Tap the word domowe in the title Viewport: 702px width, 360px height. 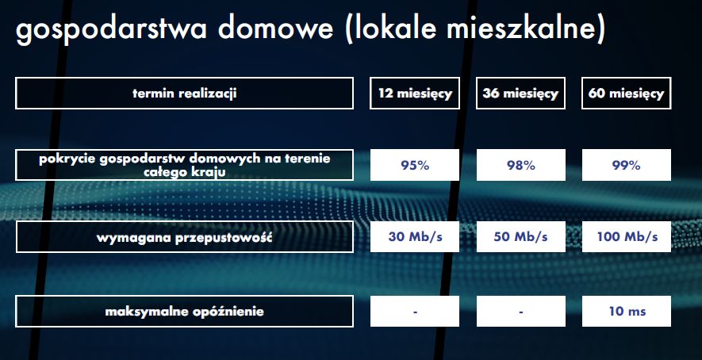tap(276, 28)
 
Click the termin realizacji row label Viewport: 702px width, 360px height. tap(184, 93)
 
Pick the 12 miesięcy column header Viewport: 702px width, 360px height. tap(415, 93)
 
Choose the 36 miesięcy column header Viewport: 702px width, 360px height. tap(520, 93)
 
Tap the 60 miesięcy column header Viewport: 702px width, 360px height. tap(626, 93)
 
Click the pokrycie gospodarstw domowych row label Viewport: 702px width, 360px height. tap(184, 165)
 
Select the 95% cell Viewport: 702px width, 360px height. tap(415, 165)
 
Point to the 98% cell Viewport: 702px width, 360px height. tap(520, 165)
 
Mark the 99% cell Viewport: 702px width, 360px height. tap(627, 165)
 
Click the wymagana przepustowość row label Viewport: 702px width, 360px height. tap(185, 237)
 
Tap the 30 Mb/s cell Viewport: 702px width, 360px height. tap(415, 237)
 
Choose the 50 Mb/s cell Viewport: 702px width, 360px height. tap(520, 237)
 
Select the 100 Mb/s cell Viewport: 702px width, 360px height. tap(627, 237)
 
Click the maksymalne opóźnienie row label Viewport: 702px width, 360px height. tap(184, 311)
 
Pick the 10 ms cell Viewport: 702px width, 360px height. tap(627, 311)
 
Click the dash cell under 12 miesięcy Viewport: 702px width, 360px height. tap(415, 311)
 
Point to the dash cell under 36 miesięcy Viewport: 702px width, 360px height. tap(520, 311)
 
